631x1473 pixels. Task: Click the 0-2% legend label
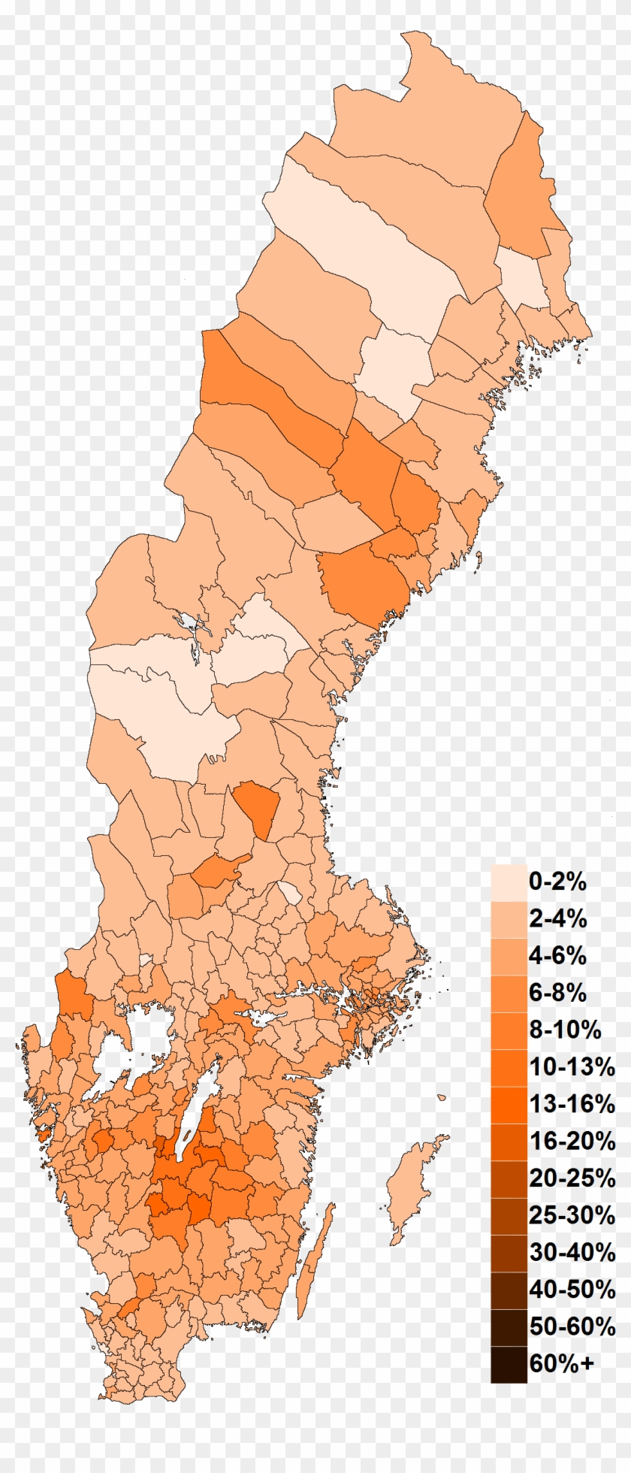[557, 882]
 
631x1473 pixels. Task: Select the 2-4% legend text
[557, 918]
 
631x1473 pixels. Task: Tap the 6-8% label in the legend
[557, 993]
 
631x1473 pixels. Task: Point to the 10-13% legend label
[572, 1066]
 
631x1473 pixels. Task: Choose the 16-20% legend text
[572, 1141]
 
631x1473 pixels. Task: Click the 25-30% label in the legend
[572, 1214]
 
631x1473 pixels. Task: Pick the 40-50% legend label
[572, 1290]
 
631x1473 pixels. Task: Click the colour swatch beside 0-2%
[509, 882]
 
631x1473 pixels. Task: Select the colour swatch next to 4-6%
[509, 956]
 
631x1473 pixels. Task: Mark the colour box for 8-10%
[509, 1030]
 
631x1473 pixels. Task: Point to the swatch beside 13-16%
[509, 1104]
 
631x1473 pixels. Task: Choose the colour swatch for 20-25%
[509, 1178]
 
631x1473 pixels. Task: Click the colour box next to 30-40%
[509, 1252]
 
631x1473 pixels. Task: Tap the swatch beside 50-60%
[509, 1326]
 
